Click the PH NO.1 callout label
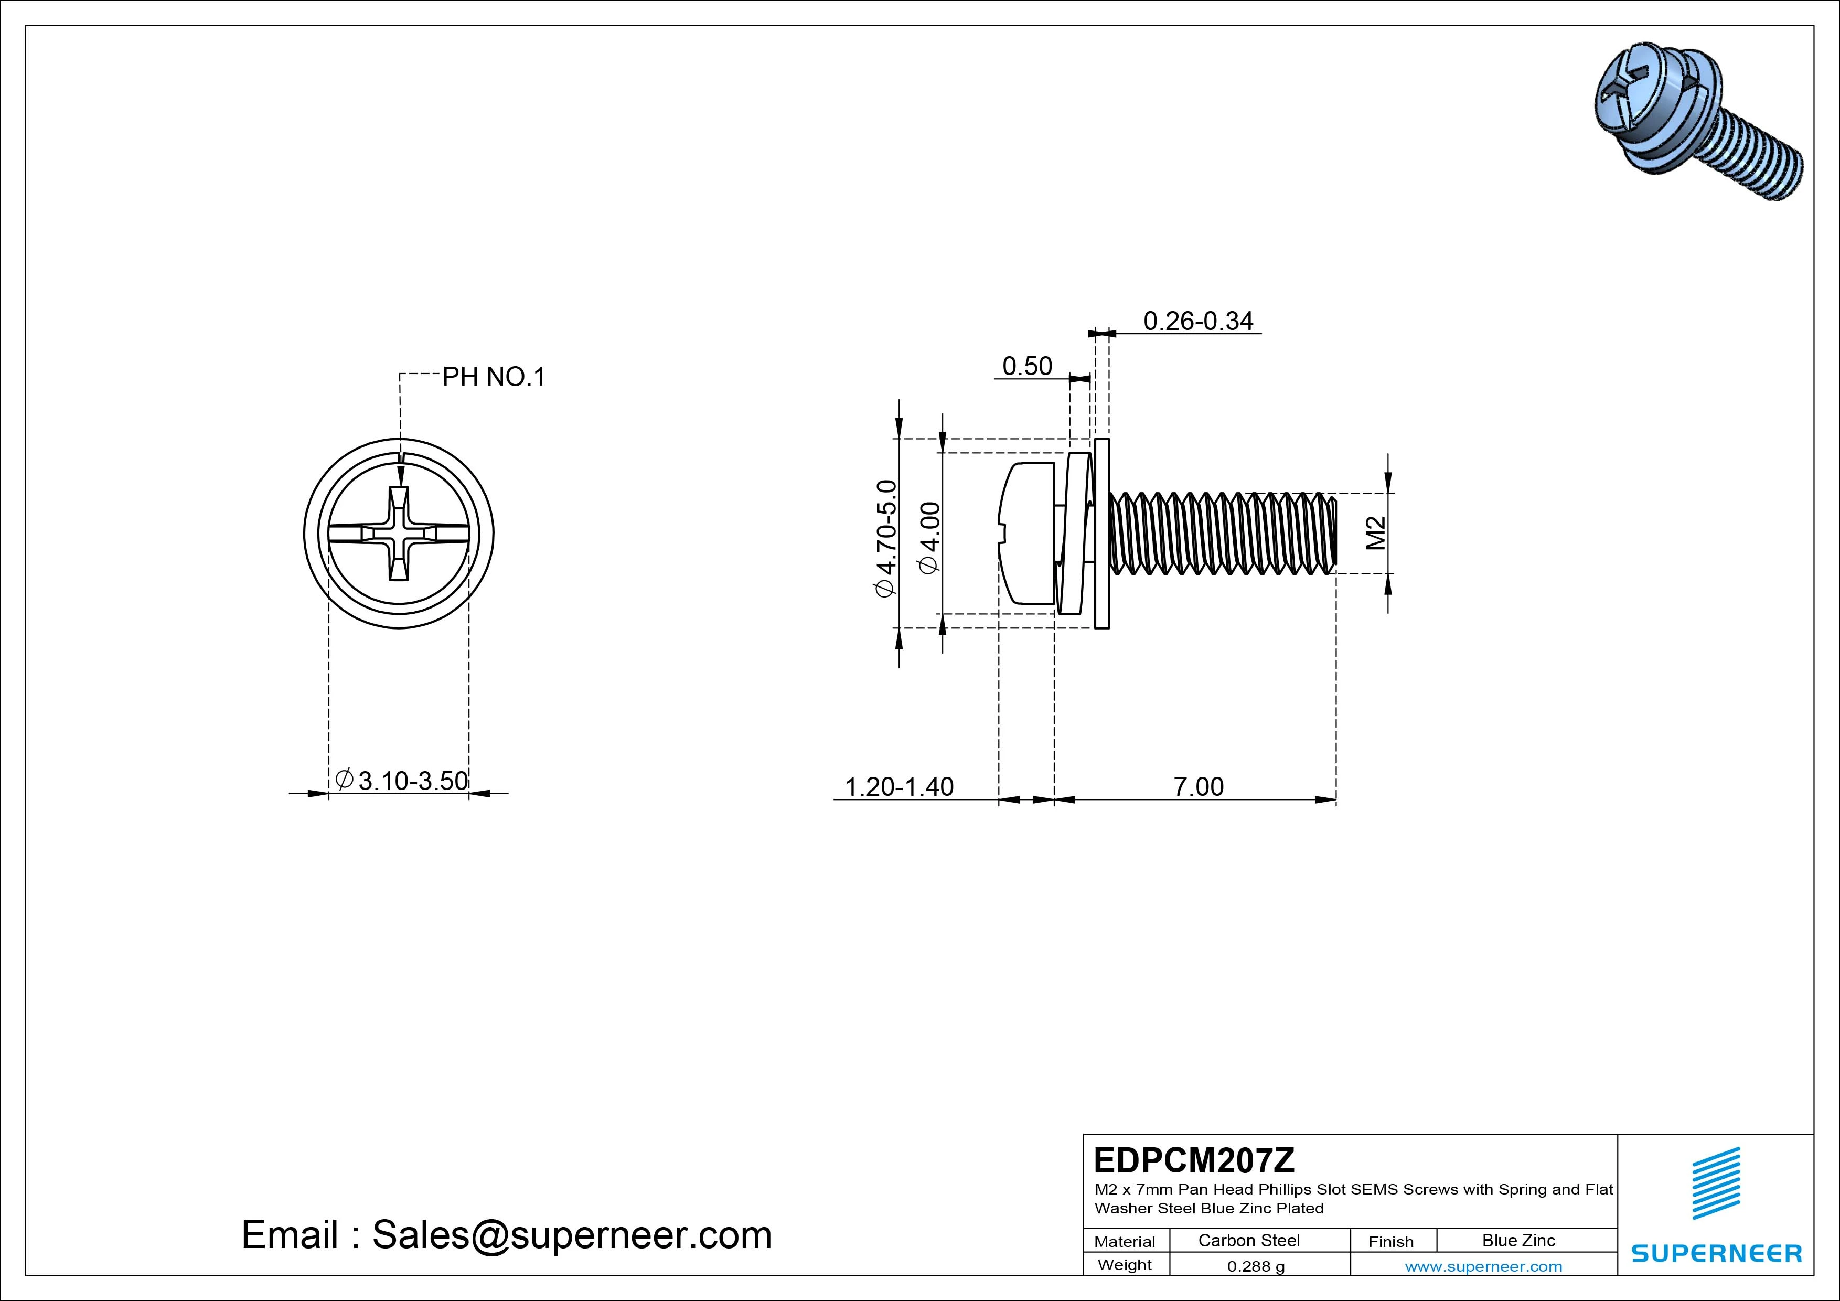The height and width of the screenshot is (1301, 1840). tap(494, 377)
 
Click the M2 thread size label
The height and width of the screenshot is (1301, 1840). tap(1376, 533)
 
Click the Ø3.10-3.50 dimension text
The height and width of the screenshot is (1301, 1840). tap(402, 780)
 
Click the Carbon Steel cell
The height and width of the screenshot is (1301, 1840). tap(1248, 1240)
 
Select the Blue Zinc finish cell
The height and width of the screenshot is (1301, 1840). tap(1518, 1240)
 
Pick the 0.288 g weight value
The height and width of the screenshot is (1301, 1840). tap(1256, 1266)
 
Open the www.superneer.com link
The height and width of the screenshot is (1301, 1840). tap(1483, 1266)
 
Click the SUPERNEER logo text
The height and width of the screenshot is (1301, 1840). tap(1717, 1253)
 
